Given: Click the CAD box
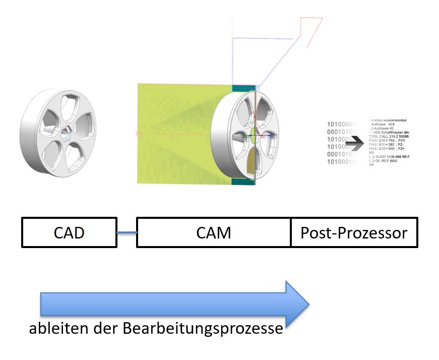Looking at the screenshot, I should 69,232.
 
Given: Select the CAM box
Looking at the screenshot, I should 214,232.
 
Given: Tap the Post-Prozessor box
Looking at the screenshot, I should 354,232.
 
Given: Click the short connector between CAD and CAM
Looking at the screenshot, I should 127,232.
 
